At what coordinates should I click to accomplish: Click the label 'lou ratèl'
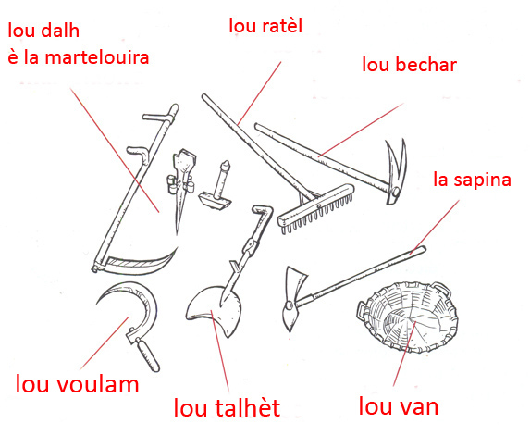point(265,26)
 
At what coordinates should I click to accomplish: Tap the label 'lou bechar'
point(410,64)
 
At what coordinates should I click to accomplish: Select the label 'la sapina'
point(473,180)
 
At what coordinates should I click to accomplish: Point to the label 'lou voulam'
point(78,384)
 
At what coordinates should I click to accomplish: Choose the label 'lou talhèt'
point(227,407)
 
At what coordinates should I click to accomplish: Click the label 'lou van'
point(399,406)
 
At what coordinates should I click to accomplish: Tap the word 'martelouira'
point(97,57)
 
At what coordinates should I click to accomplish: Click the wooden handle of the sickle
point(148,355)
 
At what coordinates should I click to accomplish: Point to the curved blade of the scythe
point(142,263)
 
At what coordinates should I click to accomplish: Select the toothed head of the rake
point(316,208)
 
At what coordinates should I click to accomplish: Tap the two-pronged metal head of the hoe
point(396,171)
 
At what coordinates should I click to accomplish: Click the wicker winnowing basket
point(407,317)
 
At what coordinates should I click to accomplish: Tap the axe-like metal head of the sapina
point(291,298)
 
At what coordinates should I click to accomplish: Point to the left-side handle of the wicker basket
point(361,309)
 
